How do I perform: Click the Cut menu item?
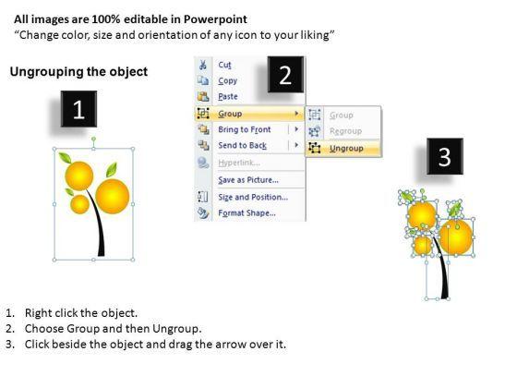click(x=224, y=65)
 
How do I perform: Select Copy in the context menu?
click(x=227, y=81)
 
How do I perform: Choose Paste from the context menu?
click(x=228, y=97)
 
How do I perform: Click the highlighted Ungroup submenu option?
click(x=346, y=149)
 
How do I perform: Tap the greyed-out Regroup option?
click(x=345, y=131)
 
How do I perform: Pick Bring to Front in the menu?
click(x=245, y=129)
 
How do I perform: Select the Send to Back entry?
click(x=242, y=145)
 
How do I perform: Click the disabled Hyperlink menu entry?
click(x=239, y=163)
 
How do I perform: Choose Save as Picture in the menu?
click(x=248, y=180)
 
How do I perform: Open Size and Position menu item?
click(x=253, y=197)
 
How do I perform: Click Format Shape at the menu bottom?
click(x=247, y=212)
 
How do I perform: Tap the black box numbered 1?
click(x=78, y=109)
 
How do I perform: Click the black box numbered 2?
click(x=285, y=75)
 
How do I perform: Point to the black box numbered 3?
click(x=445, y=156)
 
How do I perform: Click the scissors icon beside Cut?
click(x=203, y=65)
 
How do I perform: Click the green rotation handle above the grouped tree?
click(x=93, y=139)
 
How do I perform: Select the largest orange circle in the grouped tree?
click(x=113, y=196)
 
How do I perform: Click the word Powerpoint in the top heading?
click(x=215, y=19)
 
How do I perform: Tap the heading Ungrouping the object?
click(x=78, y=72)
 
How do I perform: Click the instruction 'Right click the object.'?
click(x=81, y=313)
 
